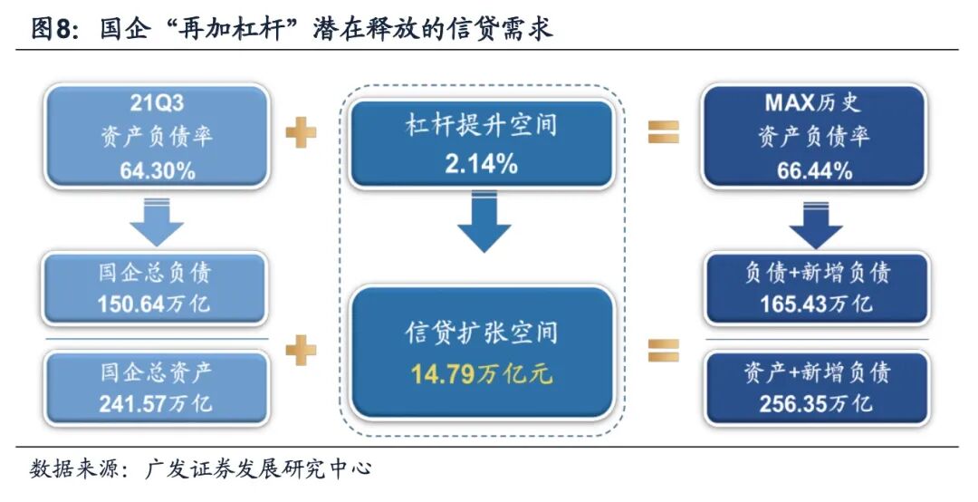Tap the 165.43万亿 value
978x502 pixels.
816,304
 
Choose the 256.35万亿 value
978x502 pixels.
816,402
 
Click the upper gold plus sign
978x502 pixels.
301,134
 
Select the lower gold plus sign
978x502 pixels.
301,349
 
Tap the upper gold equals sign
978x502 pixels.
663,134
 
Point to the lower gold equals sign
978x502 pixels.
663,349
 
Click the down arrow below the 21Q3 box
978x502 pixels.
157,223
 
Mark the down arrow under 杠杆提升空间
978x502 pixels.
483,226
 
